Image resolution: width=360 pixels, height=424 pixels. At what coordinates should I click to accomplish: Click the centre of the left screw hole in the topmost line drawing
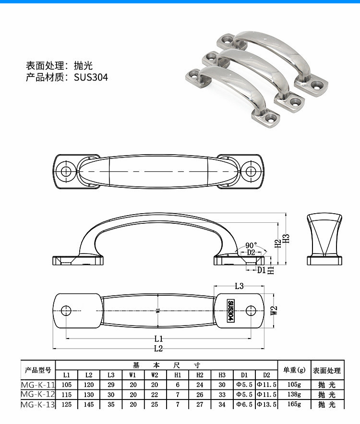pos(66,171)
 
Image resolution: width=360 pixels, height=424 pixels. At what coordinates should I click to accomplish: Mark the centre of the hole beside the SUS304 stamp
pos(251,311)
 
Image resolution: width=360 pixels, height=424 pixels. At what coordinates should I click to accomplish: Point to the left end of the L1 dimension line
pos(66,338)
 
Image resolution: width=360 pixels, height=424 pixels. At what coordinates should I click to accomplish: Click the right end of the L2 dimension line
pos(264,349)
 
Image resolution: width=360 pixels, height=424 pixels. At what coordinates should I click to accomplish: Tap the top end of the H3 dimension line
pos(286,213)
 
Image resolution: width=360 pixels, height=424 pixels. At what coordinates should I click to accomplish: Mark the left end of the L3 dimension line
pos(214,286)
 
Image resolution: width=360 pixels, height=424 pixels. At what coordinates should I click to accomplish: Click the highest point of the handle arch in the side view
pos(159,213)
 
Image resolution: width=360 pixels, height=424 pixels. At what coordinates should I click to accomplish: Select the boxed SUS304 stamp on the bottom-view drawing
pos(230,311)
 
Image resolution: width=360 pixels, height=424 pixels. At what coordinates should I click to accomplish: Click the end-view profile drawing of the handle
pos(324,239)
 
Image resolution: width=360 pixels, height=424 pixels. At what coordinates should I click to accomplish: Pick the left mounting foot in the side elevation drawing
pos(78,260)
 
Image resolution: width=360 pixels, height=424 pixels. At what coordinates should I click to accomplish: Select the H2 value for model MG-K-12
pos(200,395)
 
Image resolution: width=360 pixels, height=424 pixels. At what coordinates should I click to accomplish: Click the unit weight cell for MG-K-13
pos(294,404)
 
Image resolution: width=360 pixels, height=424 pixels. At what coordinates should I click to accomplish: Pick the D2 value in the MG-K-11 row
pos(266,385)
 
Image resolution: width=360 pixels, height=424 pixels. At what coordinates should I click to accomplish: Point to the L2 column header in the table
pos(89,375)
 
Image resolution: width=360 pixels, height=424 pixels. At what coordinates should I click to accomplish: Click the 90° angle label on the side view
pos(251,245)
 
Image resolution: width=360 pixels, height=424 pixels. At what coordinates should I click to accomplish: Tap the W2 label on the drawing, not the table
pos(274,310)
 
